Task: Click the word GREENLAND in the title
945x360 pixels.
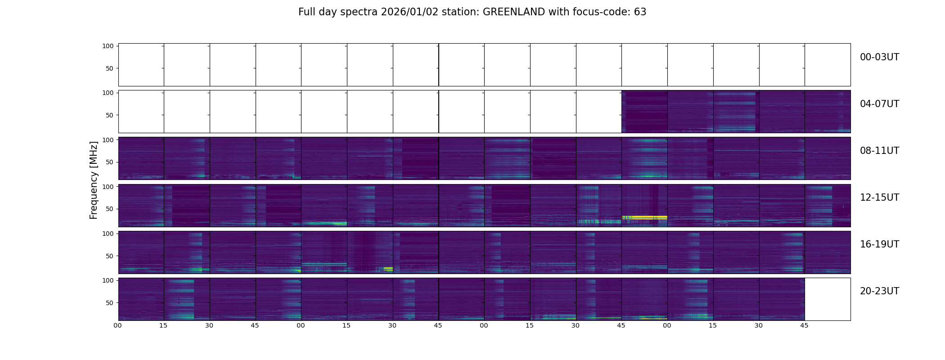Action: click(x=513, y=12)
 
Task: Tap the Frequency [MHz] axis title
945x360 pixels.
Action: click(x=94, y=180)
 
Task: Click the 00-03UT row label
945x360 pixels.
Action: click(x=879, y=57)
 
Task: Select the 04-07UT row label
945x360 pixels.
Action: click(x=879, y=104)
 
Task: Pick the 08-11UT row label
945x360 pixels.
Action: click(x=879, y=151)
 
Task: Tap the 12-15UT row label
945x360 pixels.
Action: click(x=879, y=198)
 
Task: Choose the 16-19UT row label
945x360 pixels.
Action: click(x=879, y=244)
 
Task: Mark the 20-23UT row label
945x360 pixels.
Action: click(x=879, y=291)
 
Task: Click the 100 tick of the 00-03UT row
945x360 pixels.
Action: click(x=108, y=46)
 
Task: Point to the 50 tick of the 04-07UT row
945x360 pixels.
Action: click(x=110, y=115)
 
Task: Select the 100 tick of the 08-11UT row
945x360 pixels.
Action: click(x=108, y=140)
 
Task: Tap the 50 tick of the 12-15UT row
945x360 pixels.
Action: click(x=110, y=209)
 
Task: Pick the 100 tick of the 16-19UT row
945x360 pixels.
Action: click(x=108, y=234)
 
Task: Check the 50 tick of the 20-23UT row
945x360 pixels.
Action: click(x=110, y=303)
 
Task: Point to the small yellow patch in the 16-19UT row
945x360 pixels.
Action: click(x=388, y=269)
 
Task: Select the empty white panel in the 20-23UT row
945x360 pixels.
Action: click(x=827, y=299)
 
